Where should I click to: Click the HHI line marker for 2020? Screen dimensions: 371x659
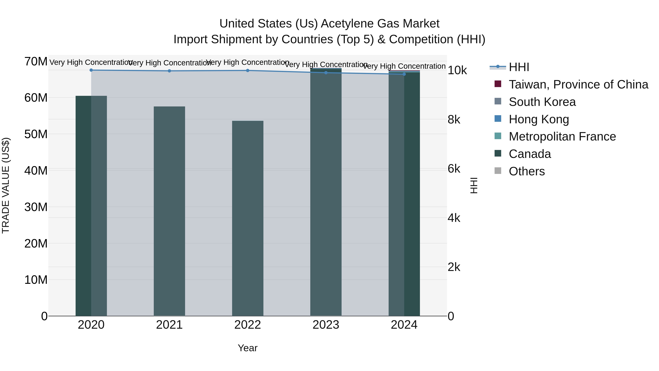click(91, 70)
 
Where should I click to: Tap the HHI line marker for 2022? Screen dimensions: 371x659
click(248, 70)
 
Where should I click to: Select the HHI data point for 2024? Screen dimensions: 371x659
click(404, 74)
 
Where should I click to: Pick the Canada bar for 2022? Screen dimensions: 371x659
click(248, 218)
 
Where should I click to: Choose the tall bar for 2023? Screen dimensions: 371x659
click(326, 192)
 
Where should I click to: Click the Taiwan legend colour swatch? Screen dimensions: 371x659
click(498, 84)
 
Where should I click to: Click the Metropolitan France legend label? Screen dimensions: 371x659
click(562, 136)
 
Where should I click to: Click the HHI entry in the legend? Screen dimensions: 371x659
click(519, 67)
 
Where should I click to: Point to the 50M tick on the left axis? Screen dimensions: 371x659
click(36, 134)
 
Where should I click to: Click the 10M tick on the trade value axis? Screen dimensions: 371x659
click(36, 280)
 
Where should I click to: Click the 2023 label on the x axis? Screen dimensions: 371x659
click(326, 325)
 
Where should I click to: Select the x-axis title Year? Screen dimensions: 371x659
click(248, 348)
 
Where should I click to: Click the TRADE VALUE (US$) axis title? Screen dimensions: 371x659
click(6, 185)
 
